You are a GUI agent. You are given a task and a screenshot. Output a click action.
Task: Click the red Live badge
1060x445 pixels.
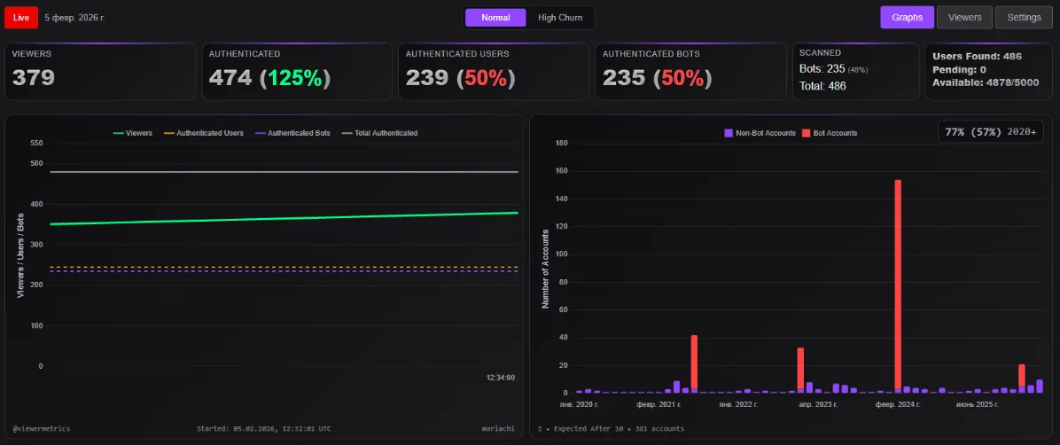point(21,18)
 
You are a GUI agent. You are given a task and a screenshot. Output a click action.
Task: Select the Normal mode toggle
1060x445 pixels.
point(495,18)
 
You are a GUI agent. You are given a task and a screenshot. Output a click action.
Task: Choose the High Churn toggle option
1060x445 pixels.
point(560,18)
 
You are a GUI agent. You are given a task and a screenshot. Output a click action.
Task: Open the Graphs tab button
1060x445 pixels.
point(907,17)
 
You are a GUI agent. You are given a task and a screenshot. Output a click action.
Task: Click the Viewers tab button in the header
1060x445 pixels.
point(964,17)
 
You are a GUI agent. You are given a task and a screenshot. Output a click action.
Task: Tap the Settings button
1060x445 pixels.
point(1024,17)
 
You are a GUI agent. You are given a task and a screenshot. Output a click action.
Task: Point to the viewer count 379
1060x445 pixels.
point(34,78)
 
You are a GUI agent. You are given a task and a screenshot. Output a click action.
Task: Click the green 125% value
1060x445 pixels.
point(295,78)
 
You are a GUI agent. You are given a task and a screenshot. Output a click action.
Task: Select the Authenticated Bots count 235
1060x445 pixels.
point(623,78)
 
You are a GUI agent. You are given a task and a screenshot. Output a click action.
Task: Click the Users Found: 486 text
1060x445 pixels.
point(977,56)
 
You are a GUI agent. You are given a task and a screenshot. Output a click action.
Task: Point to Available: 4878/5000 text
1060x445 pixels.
point(985,82)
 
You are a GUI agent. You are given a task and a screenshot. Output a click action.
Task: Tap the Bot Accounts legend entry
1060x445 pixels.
point(830,133)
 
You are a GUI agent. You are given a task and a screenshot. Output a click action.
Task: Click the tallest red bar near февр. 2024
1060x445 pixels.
point(898,284)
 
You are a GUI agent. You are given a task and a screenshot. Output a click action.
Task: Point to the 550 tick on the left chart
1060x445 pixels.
point(36,143)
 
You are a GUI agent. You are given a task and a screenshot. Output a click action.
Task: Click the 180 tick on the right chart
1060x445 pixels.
point(560,143)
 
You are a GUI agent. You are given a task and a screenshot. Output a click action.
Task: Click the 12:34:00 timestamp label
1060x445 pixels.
point(500,378)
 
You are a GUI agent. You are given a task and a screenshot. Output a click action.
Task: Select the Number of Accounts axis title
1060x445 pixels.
point(546,268)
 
